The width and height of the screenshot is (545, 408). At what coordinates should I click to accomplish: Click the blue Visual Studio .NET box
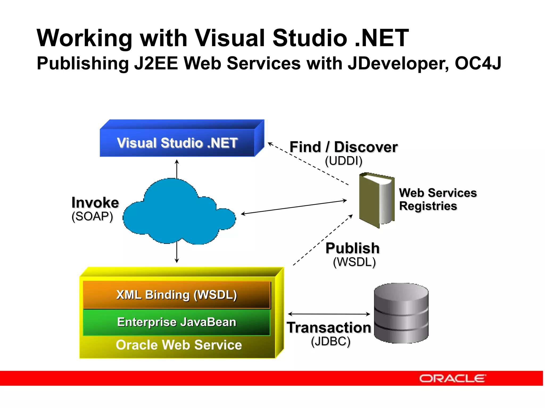point(177,143)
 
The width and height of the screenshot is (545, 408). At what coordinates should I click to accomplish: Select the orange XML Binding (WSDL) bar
point(177,295)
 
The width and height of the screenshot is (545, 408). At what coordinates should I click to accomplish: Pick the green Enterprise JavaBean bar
point(177,322)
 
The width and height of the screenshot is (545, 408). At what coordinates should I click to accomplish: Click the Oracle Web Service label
point(179,345)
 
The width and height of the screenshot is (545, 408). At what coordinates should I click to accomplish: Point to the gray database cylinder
point(401,313)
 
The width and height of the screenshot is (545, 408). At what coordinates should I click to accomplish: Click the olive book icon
point(376,200)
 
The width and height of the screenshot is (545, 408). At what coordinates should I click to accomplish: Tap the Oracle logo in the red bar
point(452,378)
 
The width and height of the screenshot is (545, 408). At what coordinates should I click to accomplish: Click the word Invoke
point(95,203)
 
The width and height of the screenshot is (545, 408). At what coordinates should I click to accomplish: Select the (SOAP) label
point(92,216)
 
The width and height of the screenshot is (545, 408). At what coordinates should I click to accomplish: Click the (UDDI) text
point(344,161)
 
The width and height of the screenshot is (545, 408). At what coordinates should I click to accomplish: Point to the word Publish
point(353,248)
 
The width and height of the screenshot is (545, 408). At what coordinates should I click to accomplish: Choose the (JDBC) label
point(331,341)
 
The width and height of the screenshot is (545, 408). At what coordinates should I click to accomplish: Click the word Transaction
point(329,328)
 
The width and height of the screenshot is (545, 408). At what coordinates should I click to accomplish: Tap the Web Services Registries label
point(438,199)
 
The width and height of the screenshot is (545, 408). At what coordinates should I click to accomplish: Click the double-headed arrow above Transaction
point(329,314)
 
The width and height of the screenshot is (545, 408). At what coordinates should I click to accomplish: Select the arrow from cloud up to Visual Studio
point(177,169)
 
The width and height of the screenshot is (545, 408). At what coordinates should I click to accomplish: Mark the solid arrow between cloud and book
point(294,207)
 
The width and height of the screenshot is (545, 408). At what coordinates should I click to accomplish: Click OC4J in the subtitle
point(478,63)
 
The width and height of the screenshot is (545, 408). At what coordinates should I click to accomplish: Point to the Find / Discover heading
point(344,147)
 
